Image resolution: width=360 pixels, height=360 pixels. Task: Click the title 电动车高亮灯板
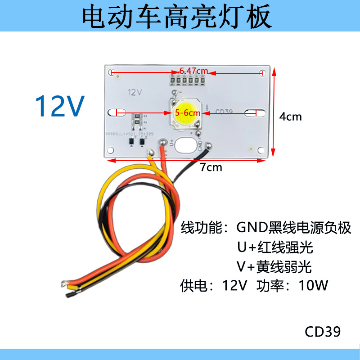click(x=177, y=17)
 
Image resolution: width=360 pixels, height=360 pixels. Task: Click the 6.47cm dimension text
click(x=193, y=71)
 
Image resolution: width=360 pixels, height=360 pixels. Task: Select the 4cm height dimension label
click(x=290, y=117)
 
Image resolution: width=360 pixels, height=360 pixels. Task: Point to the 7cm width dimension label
click(x=211, y=167)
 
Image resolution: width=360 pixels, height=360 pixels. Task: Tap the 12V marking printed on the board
click(x=135, y=92)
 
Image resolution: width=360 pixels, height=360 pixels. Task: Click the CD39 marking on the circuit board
click(x=224, y=112)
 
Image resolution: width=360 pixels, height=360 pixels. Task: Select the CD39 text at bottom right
click(x=323, y=332)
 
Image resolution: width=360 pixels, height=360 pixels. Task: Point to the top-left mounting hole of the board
click(x=112, y=72)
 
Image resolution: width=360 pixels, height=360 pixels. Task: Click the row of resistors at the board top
click(x=187, y=81)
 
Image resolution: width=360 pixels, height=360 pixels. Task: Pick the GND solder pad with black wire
click(x=208, y=145)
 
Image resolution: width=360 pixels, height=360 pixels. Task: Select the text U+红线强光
click(x=275, y=247)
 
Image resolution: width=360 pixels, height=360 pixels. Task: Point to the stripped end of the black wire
click(x=70, y=295)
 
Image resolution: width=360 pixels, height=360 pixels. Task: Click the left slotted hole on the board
click(x=118, y=112)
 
